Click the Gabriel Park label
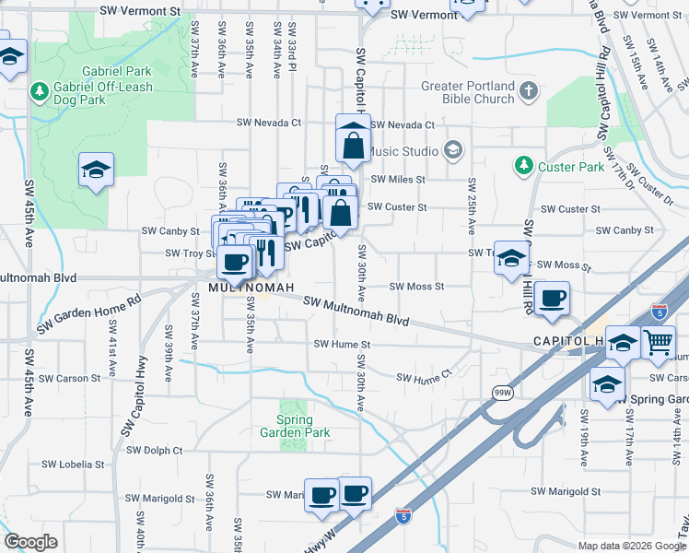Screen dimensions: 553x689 point(116,70)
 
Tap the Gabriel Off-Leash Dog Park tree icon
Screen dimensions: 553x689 point(40,91)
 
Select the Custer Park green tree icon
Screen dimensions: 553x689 point(524,166)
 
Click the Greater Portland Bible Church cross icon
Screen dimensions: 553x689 point(528,91)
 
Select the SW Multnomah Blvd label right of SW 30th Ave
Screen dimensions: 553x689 point(355,312)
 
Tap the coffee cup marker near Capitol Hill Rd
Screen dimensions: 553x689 point(553,299)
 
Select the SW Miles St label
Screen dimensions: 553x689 point(397,180)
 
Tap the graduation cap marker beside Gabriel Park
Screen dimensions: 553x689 point(96,171)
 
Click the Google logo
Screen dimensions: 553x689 point(31,542)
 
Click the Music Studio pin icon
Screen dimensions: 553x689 point(452,149)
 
